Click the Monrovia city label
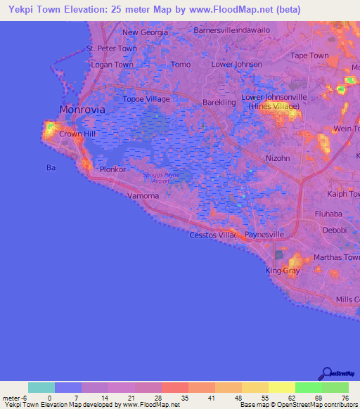(82, 110)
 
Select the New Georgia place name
(145, 32)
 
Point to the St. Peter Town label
(111, 48)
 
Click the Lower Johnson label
(236, 65)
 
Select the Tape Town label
(309, 56)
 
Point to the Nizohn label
(278, 158)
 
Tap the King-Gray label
(283, 271)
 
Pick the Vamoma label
(143, 196)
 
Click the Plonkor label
(112, 169)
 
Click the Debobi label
(333, 230)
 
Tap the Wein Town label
(346, 128)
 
